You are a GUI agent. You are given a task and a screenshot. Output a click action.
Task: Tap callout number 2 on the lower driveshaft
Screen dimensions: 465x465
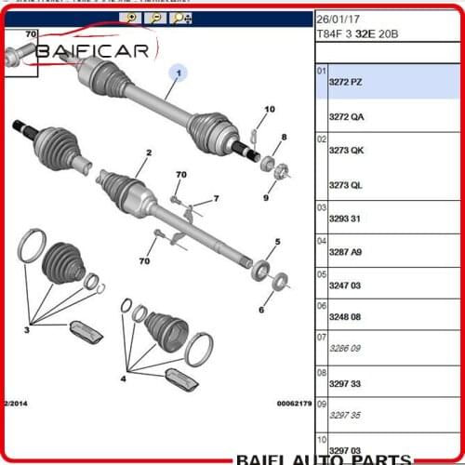click(x=148, y=153)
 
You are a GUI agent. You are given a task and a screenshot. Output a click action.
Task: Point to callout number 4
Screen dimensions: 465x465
click(x=123, y=379)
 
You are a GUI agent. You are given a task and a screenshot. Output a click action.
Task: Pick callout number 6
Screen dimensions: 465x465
click(x=261, y=310)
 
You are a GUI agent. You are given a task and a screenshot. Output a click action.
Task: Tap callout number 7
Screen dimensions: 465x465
click(x=216, y=198)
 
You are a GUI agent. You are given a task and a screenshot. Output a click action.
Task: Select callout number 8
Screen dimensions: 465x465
click(x=284, y=138)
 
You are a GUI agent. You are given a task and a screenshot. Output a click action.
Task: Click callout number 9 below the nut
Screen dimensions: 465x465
click(x=265, y=197)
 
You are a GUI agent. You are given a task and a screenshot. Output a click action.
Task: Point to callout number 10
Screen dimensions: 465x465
click(x=269, y=110)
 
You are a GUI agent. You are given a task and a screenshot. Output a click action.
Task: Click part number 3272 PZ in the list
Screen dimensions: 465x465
click(x=346, y=83)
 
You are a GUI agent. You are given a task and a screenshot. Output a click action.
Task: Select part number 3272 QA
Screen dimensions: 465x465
click(x=346, y=116)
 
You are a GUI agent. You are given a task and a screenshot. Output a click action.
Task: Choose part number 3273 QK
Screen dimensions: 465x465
click(x=346, y=151)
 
